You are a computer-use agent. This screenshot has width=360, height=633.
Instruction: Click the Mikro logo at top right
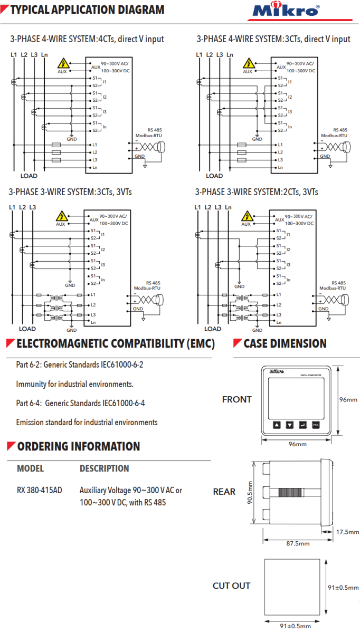coord(293,11)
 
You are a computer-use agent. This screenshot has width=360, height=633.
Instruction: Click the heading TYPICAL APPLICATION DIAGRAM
coord(87,10)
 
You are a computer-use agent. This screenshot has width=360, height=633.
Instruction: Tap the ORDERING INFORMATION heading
coord(79,447)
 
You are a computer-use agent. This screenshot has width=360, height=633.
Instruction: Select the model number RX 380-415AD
coord(40,490)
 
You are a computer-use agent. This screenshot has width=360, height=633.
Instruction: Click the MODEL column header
coord(31,468)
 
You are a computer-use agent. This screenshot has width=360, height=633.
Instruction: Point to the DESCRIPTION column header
coord(104,468)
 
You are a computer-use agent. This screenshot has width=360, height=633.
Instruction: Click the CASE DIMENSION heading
coord(285,344)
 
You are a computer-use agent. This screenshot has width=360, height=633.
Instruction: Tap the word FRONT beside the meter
coord(236,399)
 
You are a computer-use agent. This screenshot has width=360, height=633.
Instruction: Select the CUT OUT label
coord(231,586)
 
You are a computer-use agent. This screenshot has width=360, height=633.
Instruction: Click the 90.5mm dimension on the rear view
coord(250,492)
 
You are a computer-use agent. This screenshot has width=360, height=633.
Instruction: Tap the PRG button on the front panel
coord(315,425)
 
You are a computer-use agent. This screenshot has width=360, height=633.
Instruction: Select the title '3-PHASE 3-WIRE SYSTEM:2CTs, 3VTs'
coord(257,192)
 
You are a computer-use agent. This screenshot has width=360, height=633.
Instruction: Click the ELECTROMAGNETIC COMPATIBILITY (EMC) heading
coord(116,344)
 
